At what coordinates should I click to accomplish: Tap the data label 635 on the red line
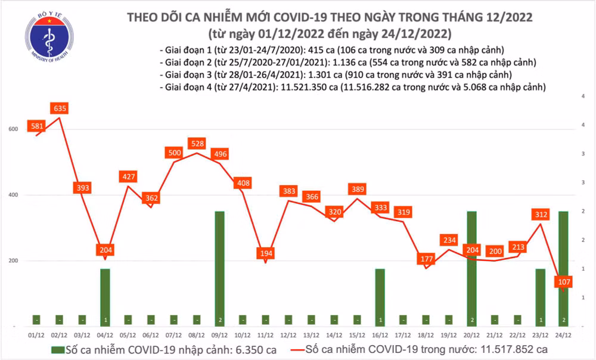pos(60,108)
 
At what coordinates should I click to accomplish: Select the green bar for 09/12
pos(221,268)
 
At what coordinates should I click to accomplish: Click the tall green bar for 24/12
pos(563,268)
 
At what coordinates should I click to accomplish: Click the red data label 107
pos(563,281)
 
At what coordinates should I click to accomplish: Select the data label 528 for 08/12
pos(197,144)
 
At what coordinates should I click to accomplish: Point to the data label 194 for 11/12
pos(266,253)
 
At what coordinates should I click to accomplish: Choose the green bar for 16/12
pos(380,297)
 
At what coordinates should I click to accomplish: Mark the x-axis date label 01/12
pos(37,334)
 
